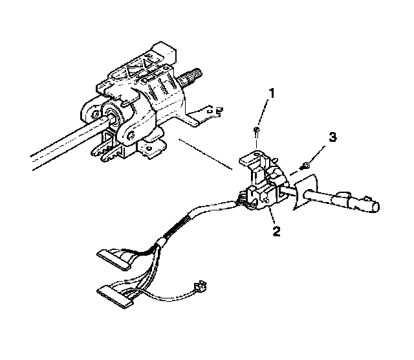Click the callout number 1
pos(272,93)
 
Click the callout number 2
pos(277,231)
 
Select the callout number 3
pos(333,137)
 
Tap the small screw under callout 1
pos(257,131)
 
